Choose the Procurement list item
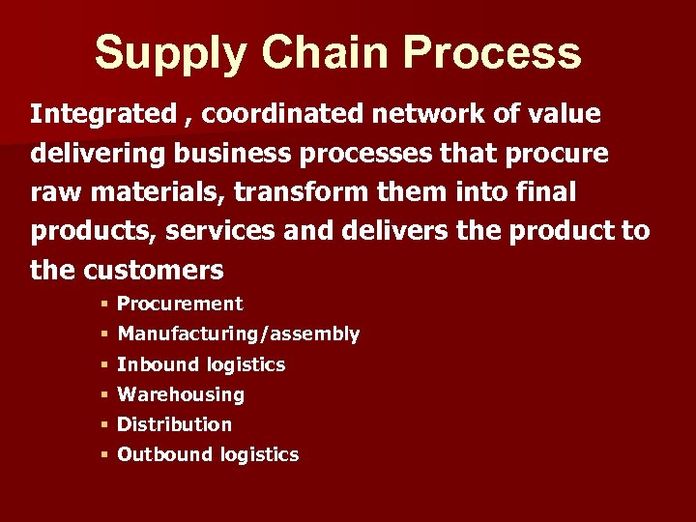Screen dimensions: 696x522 click(x=180, y=304)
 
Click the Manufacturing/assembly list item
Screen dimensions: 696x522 click(x=238, y=334)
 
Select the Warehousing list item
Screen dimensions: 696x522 click(x=181, y=394)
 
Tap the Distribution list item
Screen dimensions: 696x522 click(x=174, y=424)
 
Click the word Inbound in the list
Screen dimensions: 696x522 click(x=152, y=364)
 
